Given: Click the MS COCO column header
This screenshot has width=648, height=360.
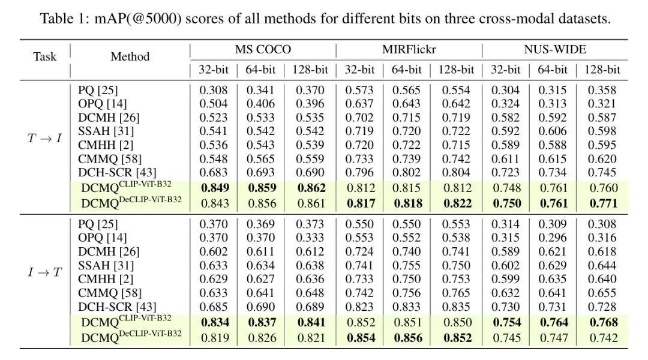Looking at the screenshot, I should (x=263, y=50).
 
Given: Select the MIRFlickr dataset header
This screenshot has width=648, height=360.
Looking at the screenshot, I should (x=409, y=50).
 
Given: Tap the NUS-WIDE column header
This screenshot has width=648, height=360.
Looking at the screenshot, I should (x=555, y=50).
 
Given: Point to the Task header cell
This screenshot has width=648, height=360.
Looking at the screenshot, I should (x=45, y=57).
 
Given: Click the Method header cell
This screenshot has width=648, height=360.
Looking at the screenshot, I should (x=130, y=57).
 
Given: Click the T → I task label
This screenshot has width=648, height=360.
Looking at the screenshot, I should (x=45, y=139).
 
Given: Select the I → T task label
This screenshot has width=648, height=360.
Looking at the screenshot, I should (x=45, y=272).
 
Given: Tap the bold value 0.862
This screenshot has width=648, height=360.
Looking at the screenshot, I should (x=308, y=188).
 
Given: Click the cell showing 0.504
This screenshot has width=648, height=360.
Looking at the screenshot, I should (x=214, y=104).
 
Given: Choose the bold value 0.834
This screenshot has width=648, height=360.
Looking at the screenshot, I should (x=214, y=322).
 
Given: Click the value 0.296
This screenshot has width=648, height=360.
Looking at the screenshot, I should (x=553, y=238).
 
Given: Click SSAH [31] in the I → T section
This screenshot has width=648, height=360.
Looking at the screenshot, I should (x=106, y=265).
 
